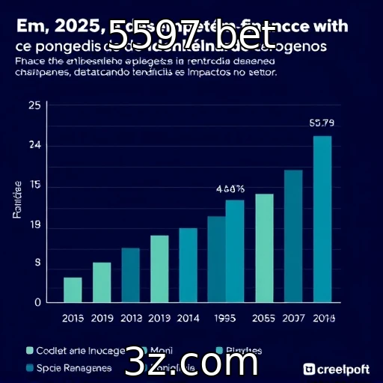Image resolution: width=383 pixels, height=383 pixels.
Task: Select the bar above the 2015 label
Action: [73, 289]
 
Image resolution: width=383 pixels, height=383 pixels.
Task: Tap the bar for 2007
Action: [293, 236]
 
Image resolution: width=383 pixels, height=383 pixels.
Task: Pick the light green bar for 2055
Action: [265, 248]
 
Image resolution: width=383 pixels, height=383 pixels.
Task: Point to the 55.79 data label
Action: [322, 122]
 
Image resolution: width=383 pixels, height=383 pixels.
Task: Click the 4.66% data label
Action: [230, 189]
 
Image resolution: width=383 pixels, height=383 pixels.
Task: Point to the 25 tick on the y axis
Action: [34, 105]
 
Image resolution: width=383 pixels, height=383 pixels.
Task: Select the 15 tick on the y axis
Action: [34, 186]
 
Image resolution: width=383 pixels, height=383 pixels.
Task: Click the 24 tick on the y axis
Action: [34, 146]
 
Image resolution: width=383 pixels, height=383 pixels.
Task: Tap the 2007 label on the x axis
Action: [293, 318]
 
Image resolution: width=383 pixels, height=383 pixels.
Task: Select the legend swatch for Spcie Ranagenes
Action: [31, 367]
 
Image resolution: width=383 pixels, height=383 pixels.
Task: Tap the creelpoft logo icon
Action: [310, 369]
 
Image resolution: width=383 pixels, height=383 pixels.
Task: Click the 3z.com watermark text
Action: [191, 363]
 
